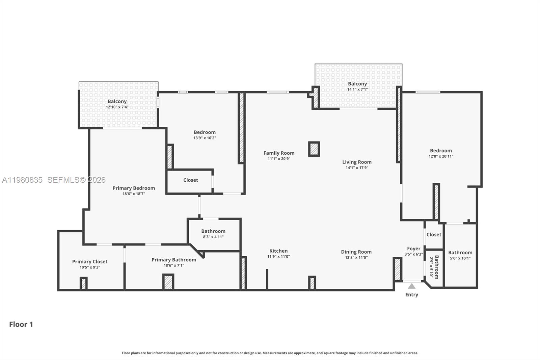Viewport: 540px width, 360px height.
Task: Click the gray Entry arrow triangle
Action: pos(411,286)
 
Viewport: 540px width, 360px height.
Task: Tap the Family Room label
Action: pos(279,153)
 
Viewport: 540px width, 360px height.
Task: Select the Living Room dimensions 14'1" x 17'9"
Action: pos(357,168)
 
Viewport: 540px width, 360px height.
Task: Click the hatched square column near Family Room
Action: pos(314,149)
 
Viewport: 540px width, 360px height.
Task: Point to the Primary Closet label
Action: pos(90,261)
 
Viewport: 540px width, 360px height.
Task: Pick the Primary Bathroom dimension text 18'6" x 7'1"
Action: pos(174,265)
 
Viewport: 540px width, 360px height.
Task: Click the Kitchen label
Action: pos(278,251)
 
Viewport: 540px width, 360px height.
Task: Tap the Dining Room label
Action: pos(356,252)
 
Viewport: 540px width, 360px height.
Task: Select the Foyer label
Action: pos(413,249)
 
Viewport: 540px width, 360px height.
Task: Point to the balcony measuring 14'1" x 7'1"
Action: pos(357,86)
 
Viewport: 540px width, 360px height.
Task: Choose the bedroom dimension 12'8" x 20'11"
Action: pos(441,156)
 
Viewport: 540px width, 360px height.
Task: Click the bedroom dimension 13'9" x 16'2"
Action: pos(205,138)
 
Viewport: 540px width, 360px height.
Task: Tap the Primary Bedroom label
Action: pos(134,188)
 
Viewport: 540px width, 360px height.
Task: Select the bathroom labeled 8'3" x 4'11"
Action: pos(213,234)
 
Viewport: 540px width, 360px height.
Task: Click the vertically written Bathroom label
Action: pos(436,267)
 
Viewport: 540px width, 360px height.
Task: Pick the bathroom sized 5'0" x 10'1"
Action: pos(460,255)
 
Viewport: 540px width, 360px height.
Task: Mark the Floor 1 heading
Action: pos(21,324)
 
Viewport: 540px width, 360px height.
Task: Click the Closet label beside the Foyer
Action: pos(434,234)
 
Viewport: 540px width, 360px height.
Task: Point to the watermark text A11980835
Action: pos(22,180)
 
